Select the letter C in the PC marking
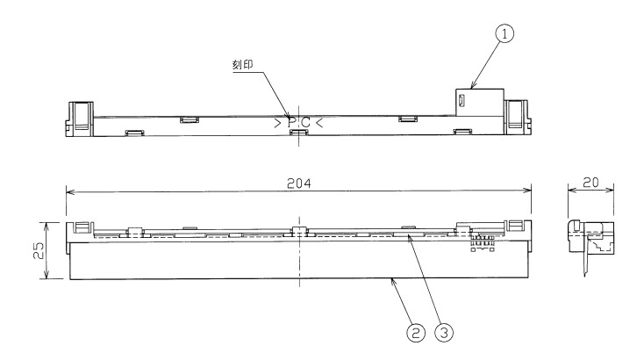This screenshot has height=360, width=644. pyautogui.click(x=305, y=124)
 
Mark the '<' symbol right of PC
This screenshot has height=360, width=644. pyautogui.click(x=319, y=124)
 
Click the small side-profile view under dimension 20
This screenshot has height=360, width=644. pyautogui.click(x=589, y=241)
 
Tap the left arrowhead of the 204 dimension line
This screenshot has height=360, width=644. pyautogui.click(x=69, y=192)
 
